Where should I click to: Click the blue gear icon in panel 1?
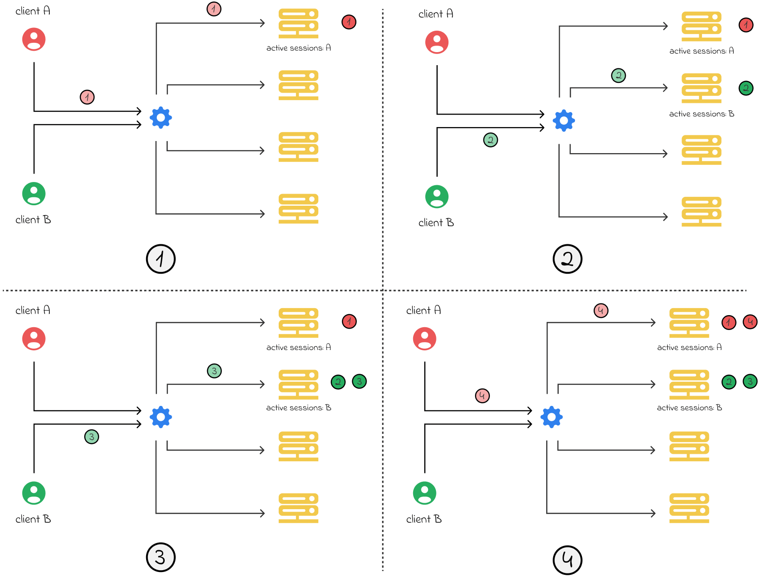pos(161,118)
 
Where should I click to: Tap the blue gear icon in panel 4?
pos(551,417)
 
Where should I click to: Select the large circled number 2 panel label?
pos(567,259)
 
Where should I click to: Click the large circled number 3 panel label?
pos(161,557)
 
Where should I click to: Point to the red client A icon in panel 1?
pos(34,39)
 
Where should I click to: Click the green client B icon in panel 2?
pos(436,196)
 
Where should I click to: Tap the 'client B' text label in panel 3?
pos(33,519)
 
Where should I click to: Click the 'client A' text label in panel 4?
pos(423,310)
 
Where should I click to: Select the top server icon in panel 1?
pos(298,23)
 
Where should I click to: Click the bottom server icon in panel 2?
pos(701,212)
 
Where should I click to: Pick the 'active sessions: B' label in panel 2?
pos(702,114)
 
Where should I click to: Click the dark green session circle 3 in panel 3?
pos(359,382)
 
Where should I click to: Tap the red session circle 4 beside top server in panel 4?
pos(750,322)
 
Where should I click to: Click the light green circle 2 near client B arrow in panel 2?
pos(490,140)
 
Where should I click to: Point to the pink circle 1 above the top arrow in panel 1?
pos(214,9)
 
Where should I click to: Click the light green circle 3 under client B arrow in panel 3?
pos(92,437)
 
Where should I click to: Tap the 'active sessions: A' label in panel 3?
pos(298,347)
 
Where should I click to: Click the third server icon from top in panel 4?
pos(689,446)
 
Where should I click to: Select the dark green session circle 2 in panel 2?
pos(746,88)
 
